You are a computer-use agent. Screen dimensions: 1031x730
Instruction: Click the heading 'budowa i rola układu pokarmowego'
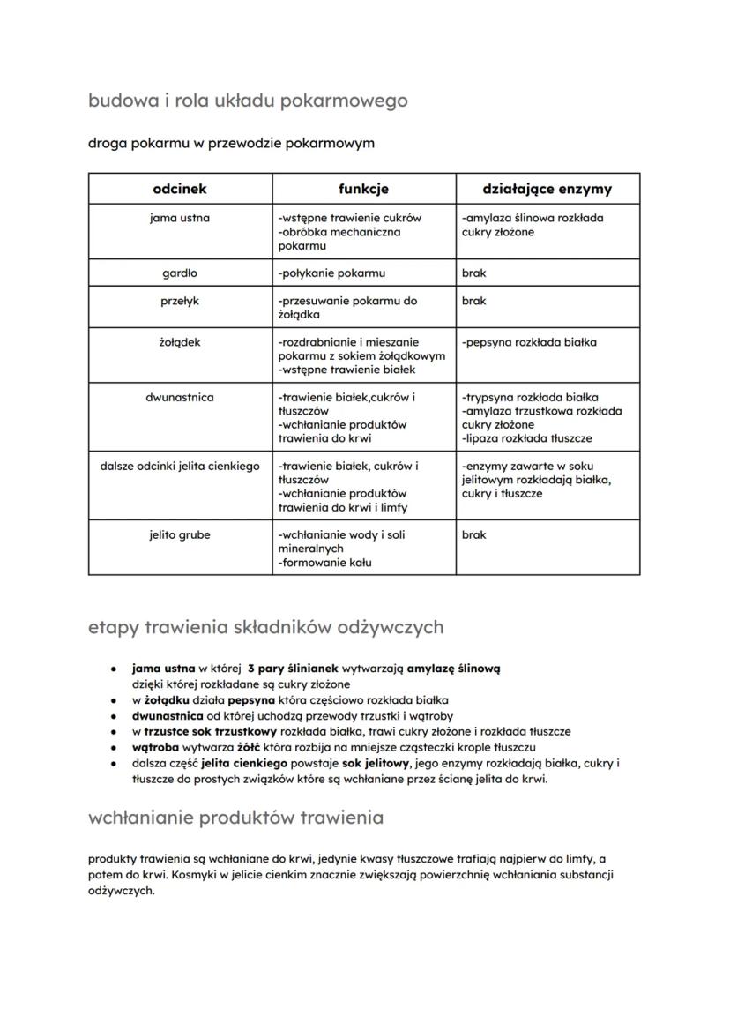[248, 101]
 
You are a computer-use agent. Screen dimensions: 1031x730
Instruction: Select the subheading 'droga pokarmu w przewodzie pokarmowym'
[231, 143]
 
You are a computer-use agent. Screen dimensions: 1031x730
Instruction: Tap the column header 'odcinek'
[180, 189]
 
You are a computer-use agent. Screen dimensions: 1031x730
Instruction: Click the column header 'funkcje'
[363, 189]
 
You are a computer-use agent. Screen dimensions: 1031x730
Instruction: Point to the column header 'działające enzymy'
[547, 189]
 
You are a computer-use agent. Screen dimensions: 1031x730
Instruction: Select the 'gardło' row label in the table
[180, 273]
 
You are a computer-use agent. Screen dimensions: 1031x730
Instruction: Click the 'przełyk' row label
[180, 301]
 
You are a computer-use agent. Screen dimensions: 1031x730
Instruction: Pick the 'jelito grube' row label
[180, 534]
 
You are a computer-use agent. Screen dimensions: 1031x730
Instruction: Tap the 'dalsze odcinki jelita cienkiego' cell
[180, 466]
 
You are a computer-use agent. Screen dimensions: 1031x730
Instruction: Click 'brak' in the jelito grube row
[473, 534]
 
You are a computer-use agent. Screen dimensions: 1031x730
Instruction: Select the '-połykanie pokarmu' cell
[331, 273]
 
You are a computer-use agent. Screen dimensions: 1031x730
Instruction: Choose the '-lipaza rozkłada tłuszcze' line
[526, 438]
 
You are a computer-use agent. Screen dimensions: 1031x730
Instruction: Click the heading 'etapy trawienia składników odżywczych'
[265, 627]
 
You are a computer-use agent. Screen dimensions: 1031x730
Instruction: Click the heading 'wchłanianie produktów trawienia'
[235, 818]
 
